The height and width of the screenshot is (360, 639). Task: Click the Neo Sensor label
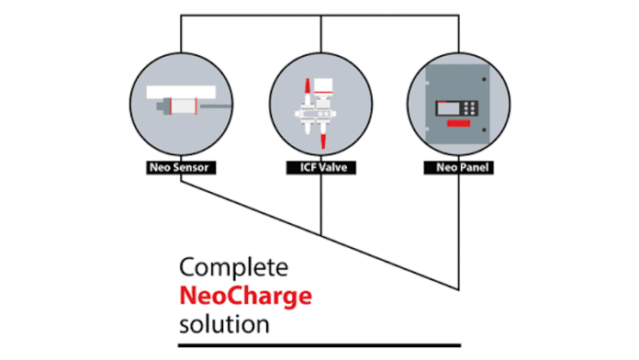[181, 169]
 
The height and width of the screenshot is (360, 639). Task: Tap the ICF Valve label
[321, 169]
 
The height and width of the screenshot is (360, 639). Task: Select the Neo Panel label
[458, 169]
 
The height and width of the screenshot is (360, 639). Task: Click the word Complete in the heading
[234, 269]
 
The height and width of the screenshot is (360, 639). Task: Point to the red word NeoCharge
[246, 297]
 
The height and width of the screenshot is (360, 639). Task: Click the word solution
[225, 324]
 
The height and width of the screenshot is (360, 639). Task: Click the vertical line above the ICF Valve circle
[321, 32]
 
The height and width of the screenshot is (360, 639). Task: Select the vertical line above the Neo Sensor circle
[181, 32]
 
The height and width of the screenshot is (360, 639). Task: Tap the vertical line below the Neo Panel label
[458, 230]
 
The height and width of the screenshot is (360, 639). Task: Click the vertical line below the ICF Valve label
[321, 202]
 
